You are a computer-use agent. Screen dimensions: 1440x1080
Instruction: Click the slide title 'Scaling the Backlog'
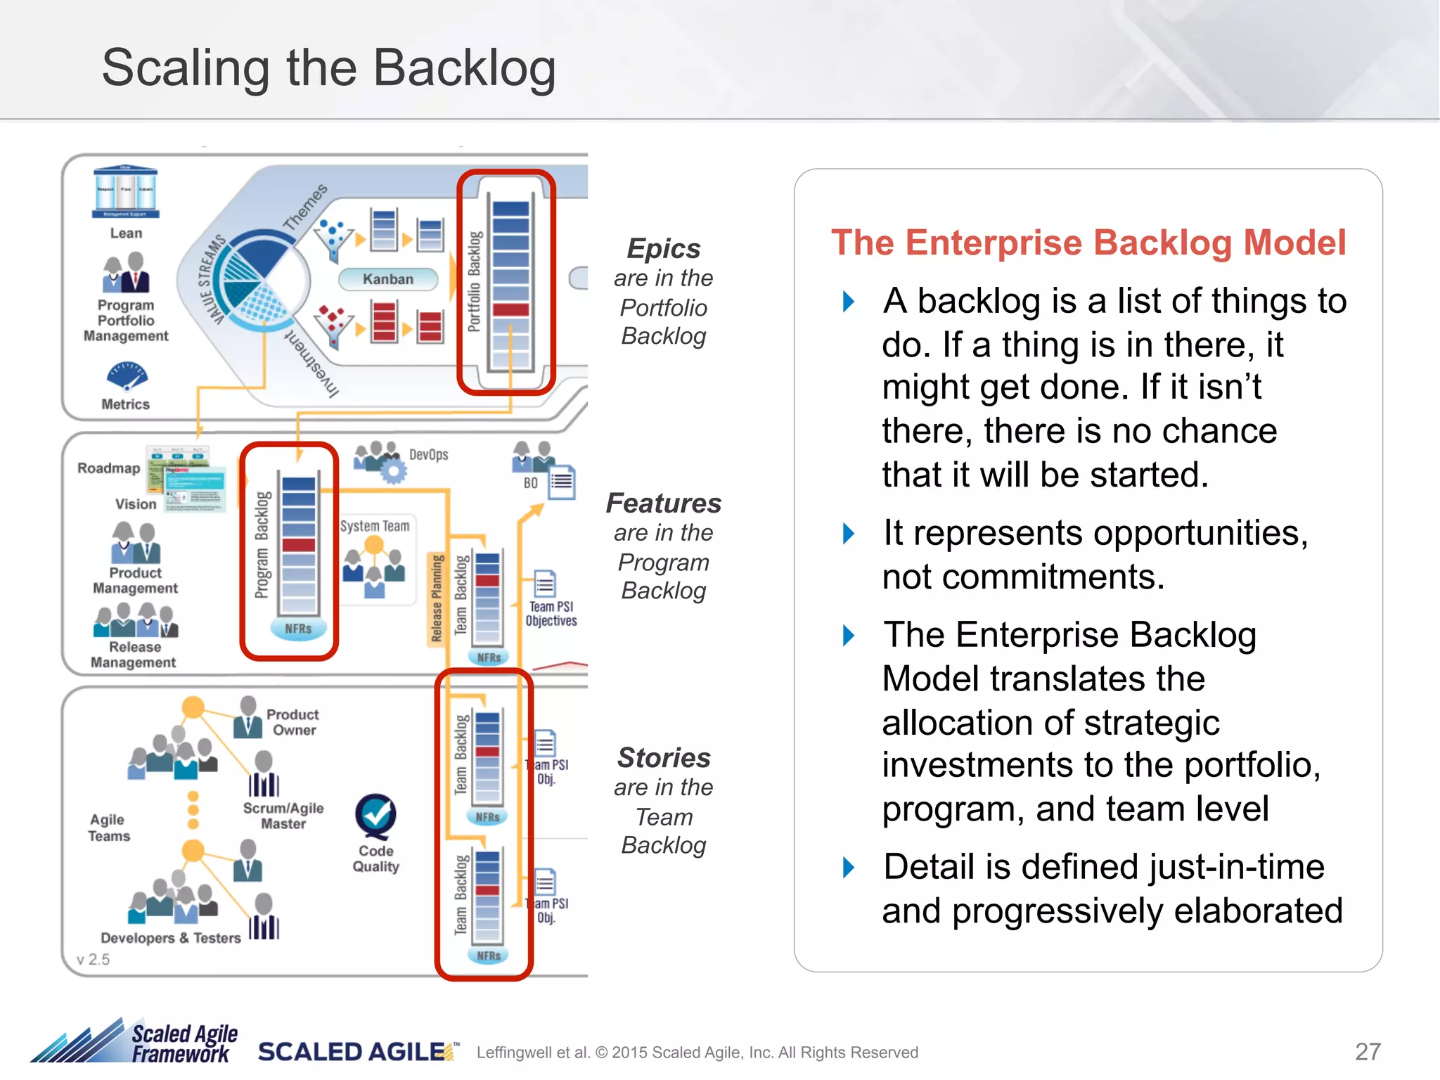pyautogui.click(x=328, y=68)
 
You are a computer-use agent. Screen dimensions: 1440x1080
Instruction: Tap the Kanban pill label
pyautogui.click(x=388, y=279)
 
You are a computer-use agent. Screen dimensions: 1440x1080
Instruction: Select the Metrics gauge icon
pyautogui.click(x=127, y=375)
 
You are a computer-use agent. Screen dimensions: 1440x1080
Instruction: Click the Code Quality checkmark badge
pyautogui.click(x=375, y=816)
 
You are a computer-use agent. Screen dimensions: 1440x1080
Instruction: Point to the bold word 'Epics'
pyautogui.click(x=664, y=248)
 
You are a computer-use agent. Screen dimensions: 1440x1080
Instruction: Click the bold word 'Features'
pyautogui.click(x=664, y=503)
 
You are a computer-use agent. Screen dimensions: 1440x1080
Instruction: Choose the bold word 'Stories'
pyautogui.click(x=664, y=758)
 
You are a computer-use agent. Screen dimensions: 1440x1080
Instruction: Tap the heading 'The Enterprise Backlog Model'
pyautogui.click(x=1088, y=243)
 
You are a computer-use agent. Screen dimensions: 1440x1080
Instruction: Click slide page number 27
pyautogui.click(x=1368, y=1052)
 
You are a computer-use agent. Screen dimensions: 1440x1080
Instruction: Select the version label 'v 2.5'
pyautogui.click(x=94, y=960)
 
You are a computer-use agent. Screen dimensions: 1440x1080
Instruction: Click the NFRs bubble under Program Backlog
pyautogui.click(x=298, y=629)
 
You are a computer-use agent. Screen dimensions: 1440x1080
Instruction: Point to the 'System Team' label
pyautogui.click(x=375, y=526)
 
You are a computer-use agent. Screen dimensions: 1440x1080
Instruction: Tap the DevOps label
pyautogui.click(x=428, y=455)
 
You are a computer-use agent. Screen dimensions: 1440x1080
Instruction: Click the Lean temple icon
pyautogui.click(x=126, y=192)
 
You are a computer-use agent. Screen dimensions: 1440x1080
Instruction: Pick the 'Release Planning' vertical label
pyautogui.click(x=437, y=598)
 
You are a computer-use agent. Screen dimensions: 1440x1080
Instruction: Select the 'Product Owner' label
pyautogui.click(x=293, y=722)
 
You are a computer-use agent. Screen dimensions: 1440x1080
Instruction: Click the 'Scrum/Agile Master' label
pyautogui.click(x=283, y=816)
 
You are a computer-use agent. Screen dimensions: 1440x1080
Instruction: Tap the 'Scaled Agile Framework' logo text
pyautogui.click(x=184, y=1043)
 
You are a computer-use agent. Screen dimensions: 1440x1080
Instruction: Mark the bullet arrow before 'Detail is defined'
pyautogui.click(x=849, y=868)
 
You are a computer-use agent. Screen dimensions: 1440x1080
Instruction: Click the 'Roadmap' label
pyautogui.click(x=108, y=468)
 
